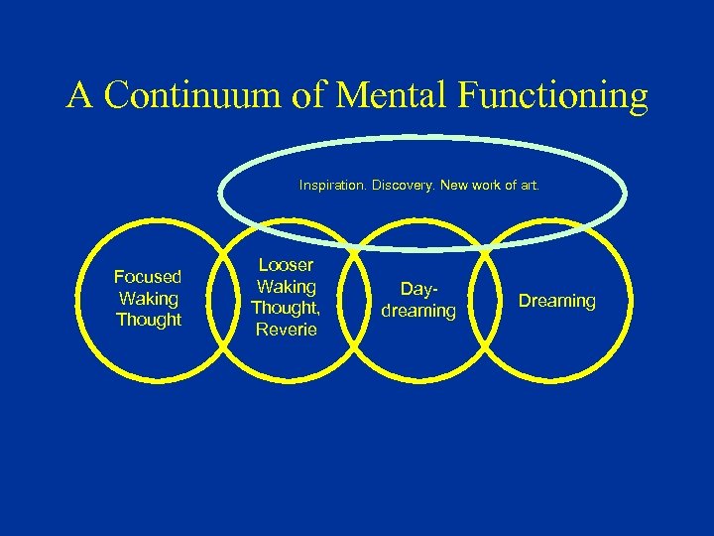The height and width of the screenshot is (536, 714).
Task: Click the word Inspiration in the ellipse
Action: [333, 185]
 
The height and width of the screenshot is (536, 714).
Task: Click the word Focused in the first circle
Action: [148, 277]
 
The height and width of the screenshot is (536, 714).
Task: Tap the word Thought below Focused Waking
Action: [149, 320]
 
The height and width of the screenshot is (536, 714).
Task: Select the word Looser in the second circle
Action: [286, 265]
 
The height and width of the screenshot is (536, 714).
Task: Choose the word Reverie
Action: [286, 330]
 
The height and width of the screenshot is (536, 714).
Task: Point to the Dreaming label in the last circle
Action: [557, 301]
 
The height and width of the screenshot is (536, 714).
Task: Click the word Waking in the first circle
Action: [148, 298]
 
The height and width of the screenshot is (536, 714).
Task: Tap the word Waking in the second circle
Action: [286, 287]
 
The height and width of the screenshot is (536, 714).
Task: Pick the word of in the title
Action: [313, 96]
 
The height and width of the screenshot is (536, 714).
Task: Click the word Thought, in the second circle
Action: [286, 309]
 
